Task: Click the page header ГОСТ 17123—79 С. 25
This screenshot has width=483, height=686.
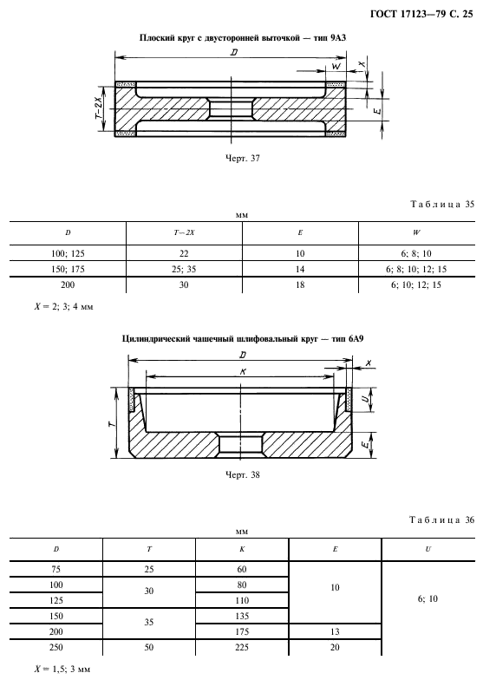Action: click(421, 15)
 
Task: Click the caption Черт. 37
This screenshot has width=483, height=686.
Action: click(243, 159)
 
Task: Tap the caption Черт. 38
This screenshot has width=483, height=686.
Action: click(243, 474)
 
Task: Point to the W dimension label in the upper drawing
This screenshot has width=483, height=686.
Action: click(336, 66)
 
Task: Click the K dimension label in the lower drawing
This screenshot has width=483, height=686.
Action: click(241, 371)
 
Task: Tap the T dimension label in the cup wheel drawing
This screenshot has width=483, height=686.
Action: click(110, 423)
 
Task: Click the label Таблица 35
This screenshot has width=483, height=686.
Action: click(442, 205)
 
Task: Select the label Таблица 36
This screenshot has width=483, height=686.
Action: click(442, 520)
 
